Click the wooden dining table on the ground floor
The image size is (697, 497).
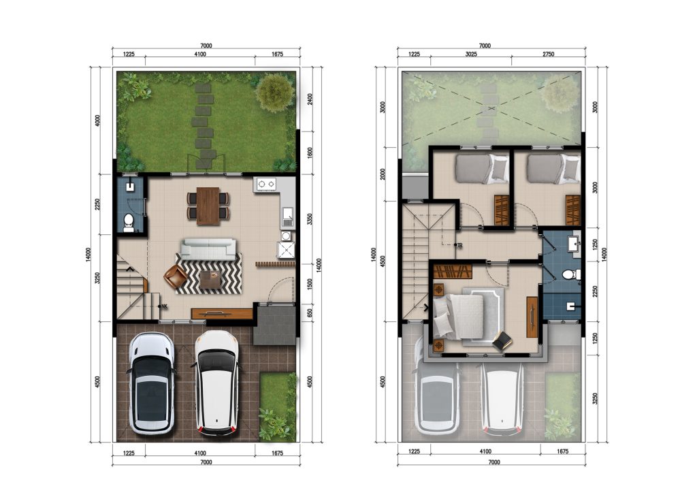(x=208, y=206)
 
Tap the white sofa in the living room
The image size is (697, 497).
(x=208, y=249)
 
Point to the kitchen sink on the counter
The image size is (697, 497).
(x=287, y=216)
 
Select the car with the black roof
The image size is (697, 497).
(x=150, y=383)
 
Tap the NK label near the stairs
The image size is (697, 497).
(x=164, y=306)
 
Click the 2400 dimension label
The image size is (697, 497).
(x=310, y=99)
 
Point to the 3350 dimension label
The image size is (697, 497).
(x=310, y=219)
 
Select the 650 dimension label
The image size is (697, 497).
(x=310, y=313)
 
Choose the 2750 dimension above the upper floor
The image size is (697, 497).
(x=548, y=54)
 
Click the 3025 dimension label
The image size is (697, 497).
(x=471, y=54)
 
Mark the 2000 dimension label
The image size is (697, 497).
(x=383, y=174)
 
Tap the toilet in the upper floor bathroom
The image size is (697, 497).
(x=571, y=275)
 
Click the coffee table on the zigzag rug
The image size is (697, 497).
(x=210, y=279)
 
